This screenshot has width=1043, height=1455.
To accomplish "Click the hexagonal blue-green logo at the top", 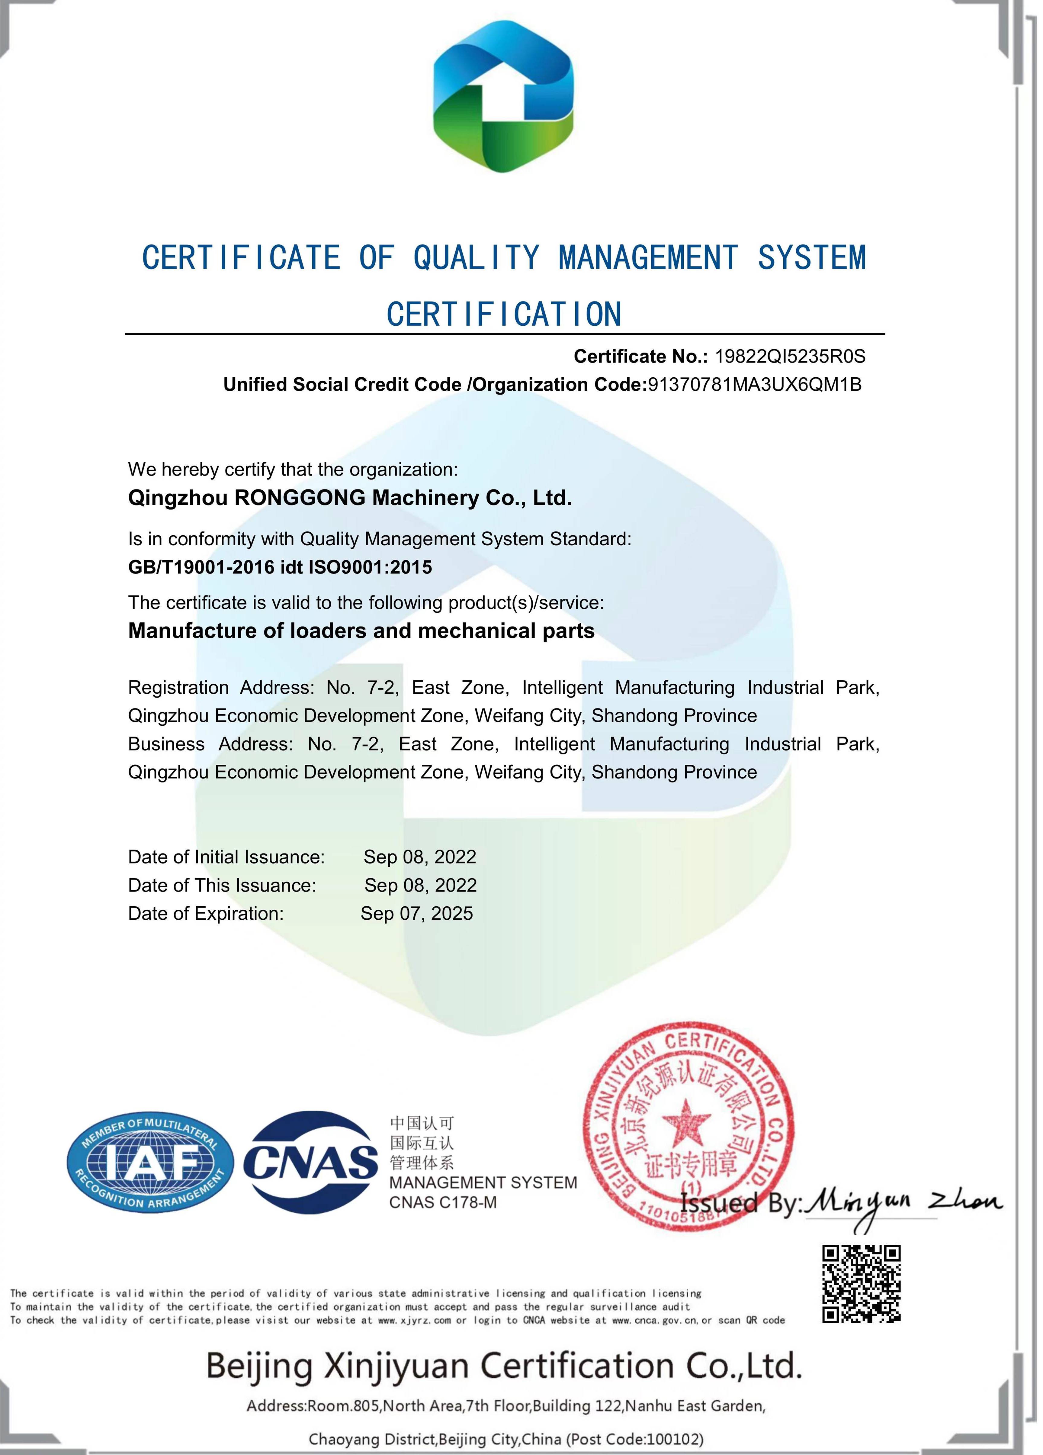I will click(503, 96).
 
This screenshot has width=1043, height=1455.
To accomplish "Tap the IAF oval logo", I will click(150, 1163).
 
